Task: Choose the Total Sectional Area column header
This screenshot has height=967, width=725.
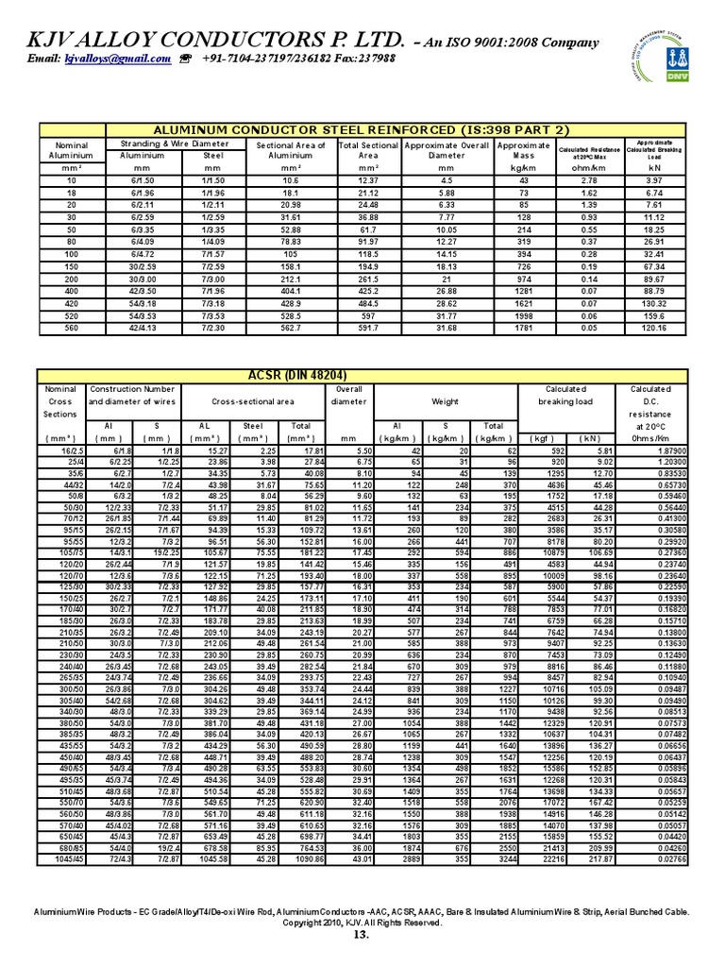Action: [369, 150]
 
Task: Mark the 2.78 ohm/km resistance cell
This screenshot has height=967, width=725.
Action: [588, 179]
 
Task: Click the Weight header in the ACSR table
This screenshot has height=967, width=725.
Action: [446, 401]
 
